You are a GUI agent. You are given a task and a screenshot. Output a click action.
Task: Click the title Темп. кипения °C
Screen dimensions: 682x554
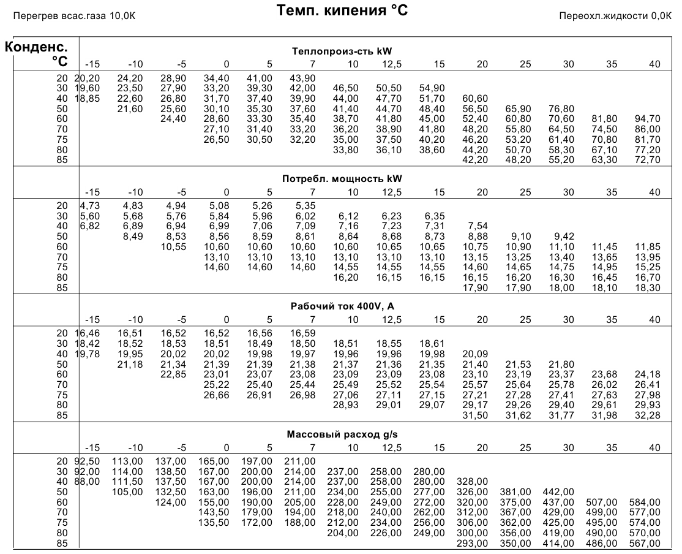tap(342, 10)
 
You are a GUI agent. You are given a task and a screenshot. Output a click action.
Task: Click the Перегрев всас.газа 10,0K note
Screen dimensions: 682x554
tap(74, 16)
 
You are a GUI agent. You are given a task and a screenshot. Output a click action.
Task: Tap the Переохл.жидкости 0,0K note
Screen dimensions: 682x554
tap(615, 16)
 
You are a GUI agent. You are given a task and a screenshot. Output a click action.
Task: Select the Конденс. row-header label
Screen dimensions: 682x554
tap(36, 47)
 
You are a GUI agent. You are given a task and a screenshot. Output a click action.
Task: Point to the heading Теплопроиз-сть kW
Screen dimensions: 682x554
tap(342, 51)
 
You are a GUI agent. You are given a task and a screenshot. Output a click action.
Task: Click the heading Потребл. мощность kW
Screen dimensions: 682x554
tap(342, 179)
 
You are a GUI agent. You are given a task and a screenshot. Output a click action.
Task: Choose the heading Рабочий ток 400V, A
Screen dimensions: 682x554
tap(342, 306)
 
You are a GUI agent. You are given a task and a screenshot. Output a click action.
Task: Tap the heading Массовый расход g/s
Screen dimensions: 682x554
tap(342, 434)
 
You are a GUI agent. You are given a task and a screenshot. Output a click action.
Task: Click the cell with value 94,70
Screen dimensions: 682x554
tap(647, 119)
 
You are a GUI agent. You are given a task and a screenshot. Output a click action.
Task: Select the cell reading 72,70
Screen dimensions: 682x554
tap(647, 160)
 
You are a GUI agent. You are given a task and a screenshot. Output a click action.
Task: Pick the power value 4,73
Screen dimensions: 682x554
tap(90, 205)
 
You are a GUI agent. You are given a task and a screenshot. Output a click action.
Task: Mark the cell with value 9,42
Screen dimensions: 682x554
tap(564, 237)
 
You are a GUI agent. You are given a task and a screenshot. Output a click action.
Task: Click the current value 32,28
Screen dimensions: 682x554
tap(647, 415)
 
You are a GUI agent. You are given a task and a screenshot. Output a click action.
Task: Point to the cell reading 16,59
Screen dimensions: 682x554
tap(302, 333)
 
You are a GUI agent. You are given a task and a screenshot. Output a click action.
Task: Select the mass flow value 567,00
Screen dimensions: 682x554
tap(645, 544)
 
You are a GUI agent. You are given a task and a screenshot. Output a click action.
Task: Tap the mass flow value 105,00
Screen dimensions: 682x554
tap(127, 492)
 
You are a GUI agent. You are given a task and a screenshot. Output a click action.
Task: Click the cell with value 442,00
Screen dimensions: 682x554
tap(558, 492)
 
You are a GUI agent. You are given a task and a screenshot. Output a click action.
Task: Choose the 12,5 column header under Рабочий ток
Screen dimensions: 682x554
tap(392, 320)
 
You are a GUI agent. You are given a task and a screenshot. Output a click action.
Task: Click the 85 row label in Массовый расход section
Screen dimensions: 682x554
tap(62, 544)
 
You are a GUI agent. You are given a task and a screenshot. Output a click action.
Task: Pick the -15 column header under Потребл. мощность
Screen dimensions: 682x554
tap(92, 192)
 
